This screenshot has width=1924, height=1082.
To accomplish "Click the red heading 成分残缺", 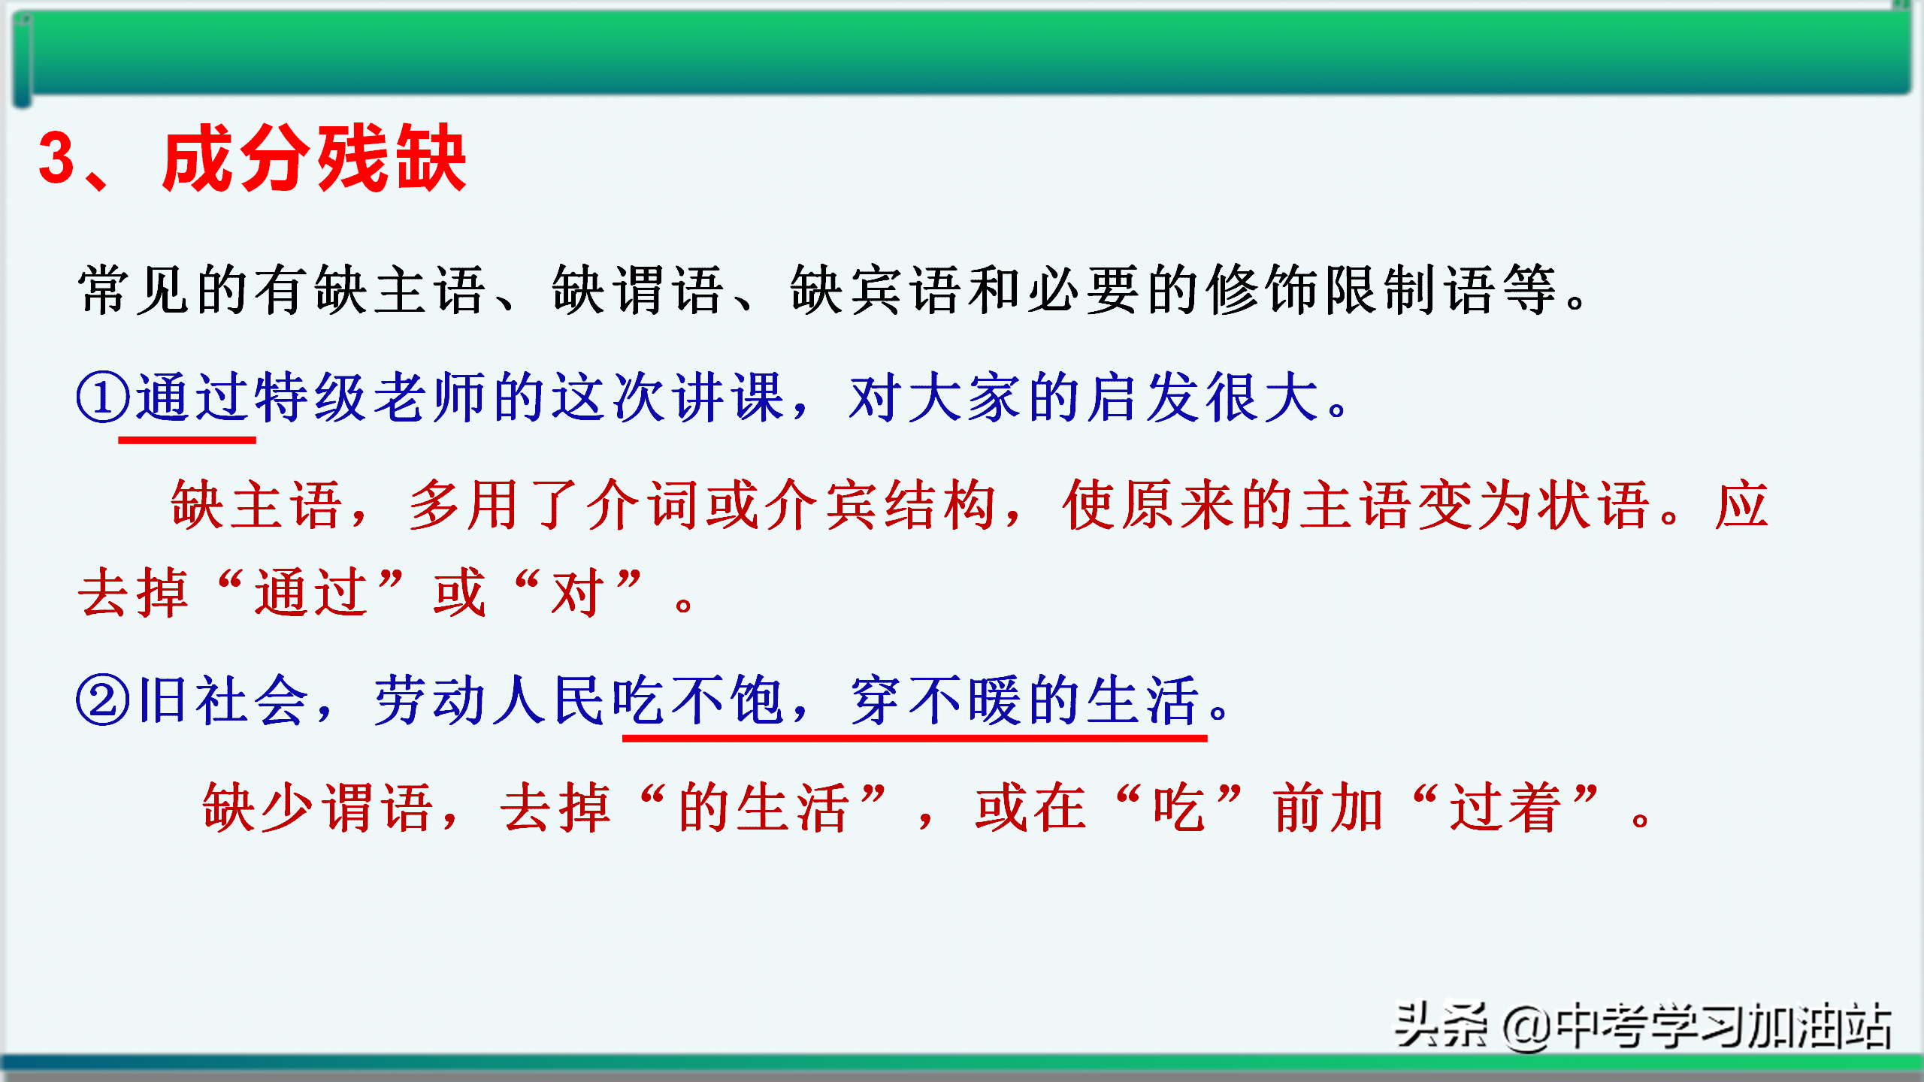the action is (314, 159).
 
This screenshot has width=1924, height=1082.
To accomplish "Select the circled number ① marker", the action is (103, 397).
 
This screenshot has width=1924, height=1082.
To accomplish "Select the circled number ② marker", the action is (103, 700).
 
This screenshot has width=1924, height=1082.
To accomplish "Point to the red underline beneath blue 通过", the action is (187, 440).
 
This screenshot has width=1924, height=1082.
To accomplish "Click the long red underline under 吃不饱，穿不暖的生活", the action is (915, 739).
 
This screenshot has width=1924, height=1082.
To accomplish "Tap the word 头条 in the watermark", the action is (1441, 1025).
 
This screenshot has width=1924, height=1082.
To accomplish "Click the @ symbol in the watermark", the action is (1526, 1028).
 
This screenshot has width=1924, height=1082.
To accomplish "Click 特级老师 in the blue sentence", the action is (373, 397).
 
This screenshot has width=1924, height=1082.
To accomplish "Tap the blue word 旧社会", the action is (223, 700).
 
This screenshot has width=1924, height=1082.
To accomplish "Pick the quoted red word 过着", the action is (1506, 808).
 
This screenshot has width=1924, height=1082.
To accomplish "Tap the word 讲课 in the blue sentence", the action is (729, 397).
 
